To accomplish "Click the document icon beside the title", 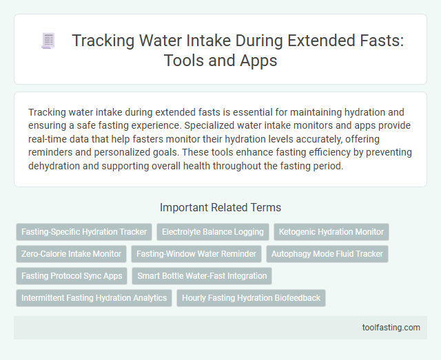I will coord(48,41).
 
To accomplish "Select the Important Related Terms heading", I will coord(220,207).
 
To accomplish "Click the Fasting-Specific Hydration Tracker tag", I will coord(84,232).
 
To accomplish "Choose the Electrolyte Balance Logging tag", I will coord(213,232).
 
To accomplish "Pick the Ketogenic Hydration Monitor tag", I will coord(331,232).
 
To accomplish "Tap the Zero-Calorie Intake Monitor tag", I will coord(72,254).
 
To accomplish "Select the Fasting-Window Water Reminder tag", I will coord(196,254).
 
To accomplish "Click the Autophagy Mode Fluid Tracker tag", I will coord(327,254).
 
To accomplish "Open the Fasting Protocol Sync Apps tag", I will coord(72,276).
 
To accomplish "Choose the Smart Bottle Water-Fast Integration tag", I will coord(202,276).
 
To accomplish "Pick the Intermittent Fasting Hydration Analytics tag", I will coord(94,298).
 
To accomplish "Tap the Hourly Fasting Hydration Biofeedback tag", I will coord(251,298).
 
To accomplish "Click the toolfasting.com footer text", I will coord(391,327).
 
